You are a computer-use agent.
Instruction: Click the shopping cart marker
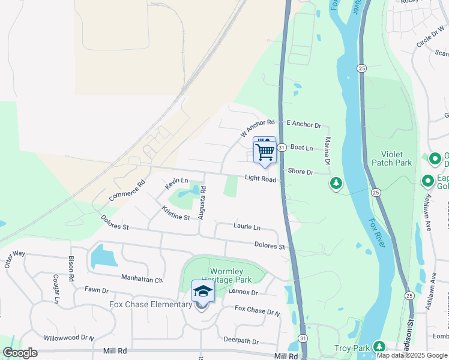[264, 151]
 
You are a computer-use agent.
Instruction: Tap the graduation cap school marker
[202, 292]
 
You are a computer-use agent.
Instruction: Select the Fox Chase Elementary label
[150, 305]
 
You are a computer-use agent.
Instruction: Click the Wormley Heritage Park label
[230, 276]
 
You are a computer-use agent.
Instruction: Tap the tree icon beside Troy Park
[379, 347]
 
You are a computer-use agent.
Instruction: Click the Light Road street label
[260, 179]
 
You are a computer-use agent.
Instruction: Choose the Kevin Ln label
[176, 184]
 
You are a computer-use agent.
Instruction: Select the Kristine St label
[175, 213]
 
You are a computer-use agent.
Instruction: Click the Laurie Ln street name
[247, 227]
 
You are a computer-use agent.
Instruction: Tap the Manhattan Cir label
[142, 280]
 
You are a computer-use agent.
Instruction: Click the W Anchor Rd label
[257, 127]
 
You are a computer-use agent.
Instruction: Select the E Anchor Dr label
[304, 124]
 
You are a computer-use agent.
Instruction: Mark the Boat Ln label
[301, 148]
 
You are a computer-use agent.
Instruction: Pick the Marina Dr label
[328, 151]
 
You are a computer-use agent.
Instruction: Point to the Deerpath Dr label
[240, 341]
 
